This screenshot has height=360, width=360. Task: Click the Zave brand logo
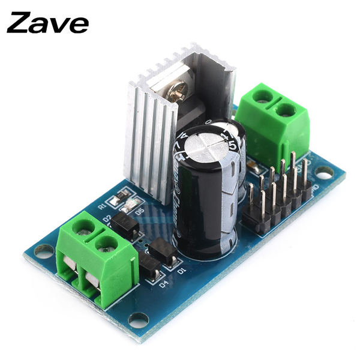tap(48, 23)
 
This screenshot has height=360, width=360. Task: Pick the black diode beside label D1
tap(162, 251)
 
